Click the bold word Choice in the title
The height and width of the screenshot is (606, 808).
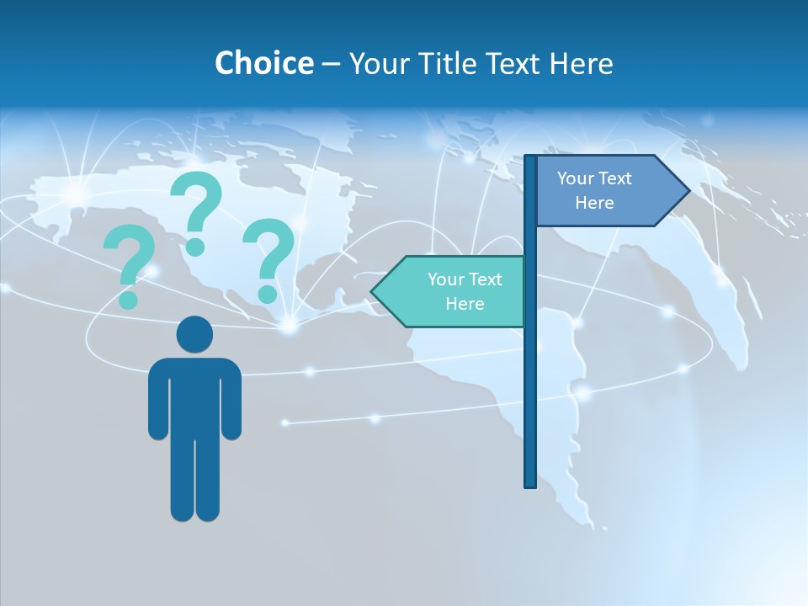[263, 63]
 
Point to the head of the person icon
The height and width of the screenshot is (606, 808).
[194, 335]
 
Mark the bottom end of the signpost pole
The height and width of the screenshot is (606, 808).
[529, 483]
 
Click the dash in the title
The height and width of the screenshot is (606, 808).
[331, 63]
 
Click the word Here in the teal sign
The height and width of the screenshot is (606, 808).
[465, 304]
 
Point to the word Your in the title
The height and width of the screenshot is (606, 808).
[374, 63]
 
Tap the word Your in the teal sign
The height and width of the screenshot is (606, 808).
[444, 279]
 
